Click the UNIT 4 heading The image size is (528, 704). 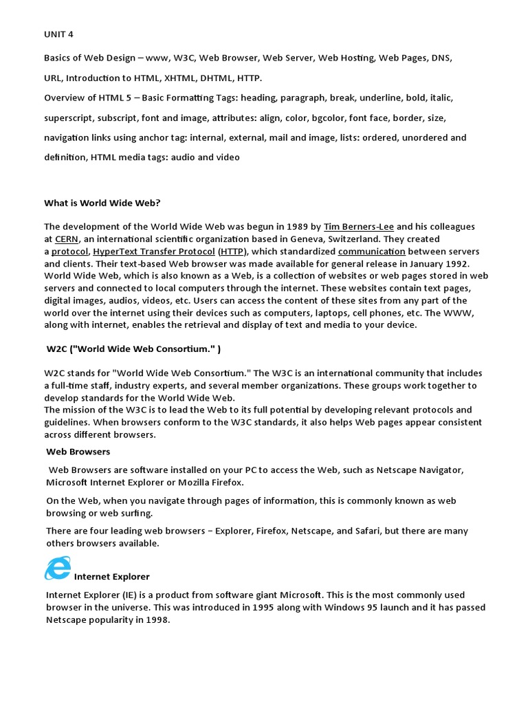[58, 35]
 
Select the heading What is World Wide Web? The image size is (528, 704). [102, 203]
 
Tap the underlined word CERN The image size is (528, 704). [66, 239]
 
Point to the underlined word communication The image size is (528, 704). [371, 252]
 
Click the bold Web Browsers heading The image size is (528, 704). [78, 452]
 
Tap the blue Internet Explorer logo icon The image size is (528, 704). [58, 569]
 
